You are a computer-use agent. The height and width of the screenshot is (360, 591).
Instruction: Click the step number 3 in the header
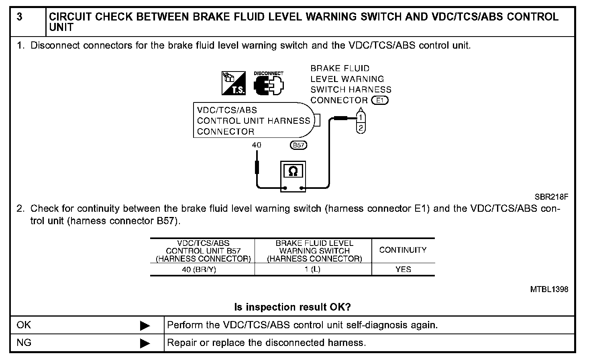click(x=20, y=17)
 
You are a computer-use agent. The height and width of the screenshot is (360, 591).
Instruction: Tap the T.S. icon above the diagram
click(x=234, y=84)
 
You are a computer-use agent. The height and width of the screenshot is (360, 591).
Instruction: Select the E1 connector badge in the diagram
click(x=380, y=100)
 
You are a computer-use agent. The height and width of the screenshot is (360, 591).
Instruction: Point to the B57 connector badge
click(x=298, y=145)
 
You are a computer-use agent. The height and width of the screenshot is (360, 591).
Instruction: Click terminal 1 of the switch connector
click(x=361, y=117)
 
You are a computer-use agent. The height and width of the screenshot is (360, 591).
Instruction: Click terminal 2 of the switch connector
click(x=361, y=128)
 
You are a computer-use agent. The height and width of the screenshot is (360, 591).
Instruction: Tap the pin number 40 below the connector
click(x=257, y=145)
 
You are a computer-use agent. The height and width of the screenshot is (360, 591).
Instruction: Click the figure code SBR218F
click(x=551, y=197)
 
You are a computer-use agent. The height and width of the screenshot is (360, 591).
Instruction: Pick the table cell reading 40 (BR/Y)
click(x=199, y=270)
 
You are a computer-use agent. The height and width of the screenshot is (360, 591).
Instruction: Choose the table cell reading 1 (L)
click(x=312, y=270)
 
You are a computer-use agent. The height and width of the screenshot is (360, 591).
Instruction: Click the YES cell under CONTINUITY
click(x=403, y=270)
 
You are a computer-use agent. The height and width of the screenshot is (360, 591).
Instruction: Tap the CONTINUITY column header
click(x=403, y=250)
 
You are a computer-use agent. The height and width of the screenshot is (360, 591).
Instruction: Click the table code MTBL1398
click(x=549, y=289)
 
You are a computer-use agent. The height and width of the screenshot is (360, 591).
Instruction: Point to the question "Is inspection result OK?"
click(x=292, y=307)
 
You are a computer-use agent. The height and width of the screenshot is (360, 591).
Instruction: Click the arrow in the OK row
click(x=145, y=325)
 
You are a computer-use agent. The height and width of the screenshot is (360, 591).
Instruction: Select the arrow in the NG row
click(x=145, y=344)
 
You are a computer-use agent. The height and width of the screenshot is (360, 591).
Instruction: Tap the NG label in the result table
click(x=24, y=343)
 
